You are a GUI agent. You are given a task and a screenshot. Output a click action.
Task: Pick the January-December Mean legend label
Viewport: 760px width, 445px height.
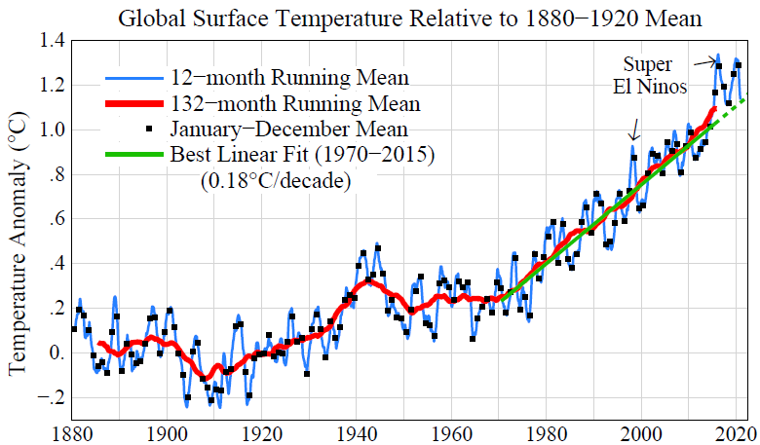(x=288, y=128)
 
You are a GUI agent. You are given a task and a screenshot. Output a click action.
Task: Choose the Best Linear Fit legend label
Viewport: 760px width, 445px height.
(x=301, y=153)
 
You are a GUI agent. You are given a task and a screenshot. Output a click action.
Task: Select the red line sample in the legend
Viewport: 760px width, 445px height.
(x=133, y=103)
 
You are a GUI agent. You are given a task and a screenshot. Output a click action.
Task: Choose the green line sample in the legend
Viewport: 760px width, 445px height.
(x=133, y=154)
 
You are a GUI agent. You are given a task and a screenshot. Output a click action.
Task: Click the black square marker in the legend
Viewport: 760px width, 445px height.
(x=148, y=128)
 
